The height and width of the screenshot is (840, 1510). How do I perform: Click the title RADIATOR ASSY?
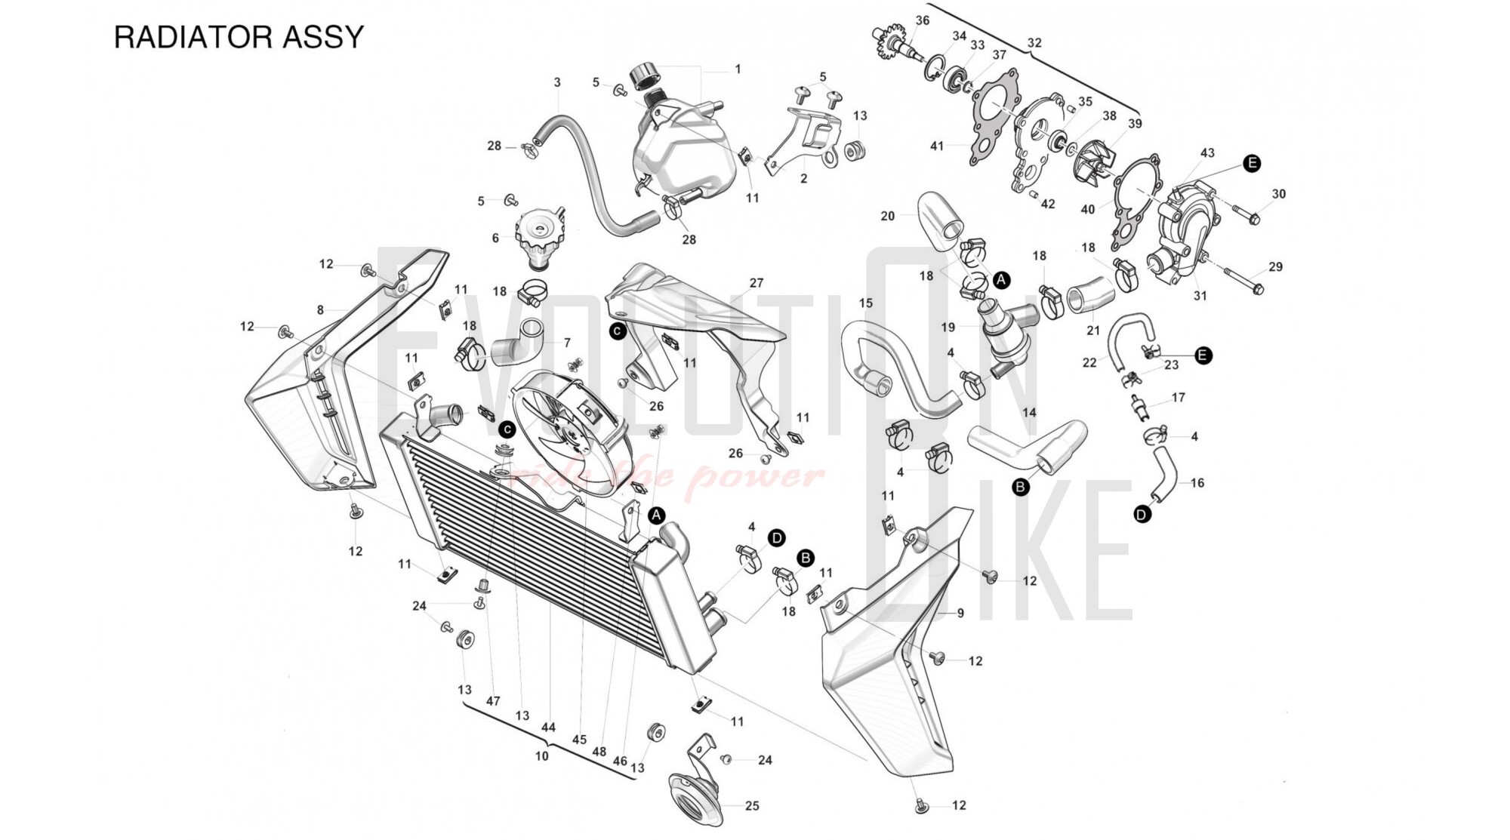(239, 37)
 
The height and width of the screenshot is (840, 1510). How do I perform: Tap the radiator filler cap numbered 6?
(538, 233)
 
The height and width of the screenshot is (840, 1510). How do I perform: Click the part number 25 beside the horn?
(752, 806)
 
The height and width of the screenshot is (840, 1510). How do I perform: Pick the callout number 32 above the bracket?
(1034, 43)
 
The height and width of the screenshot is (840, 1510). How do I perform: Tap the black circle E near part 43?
(1252, 163)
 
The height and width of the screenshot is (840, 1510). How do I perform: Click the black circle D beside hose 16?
(1142, 515)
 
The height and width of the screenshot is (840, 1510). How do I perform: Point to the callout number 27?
(757, 283)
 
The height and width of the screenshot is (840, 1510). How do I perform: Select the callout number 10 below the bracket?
(542, 755)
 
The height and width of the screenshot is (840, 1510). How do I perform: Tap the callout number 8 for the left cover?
(320, 309)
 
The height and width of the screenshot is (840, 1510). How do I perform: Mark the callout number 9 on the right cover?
(960, 613)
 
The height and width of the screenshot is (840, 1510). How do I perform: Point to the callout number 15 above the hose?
(866, 303)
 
